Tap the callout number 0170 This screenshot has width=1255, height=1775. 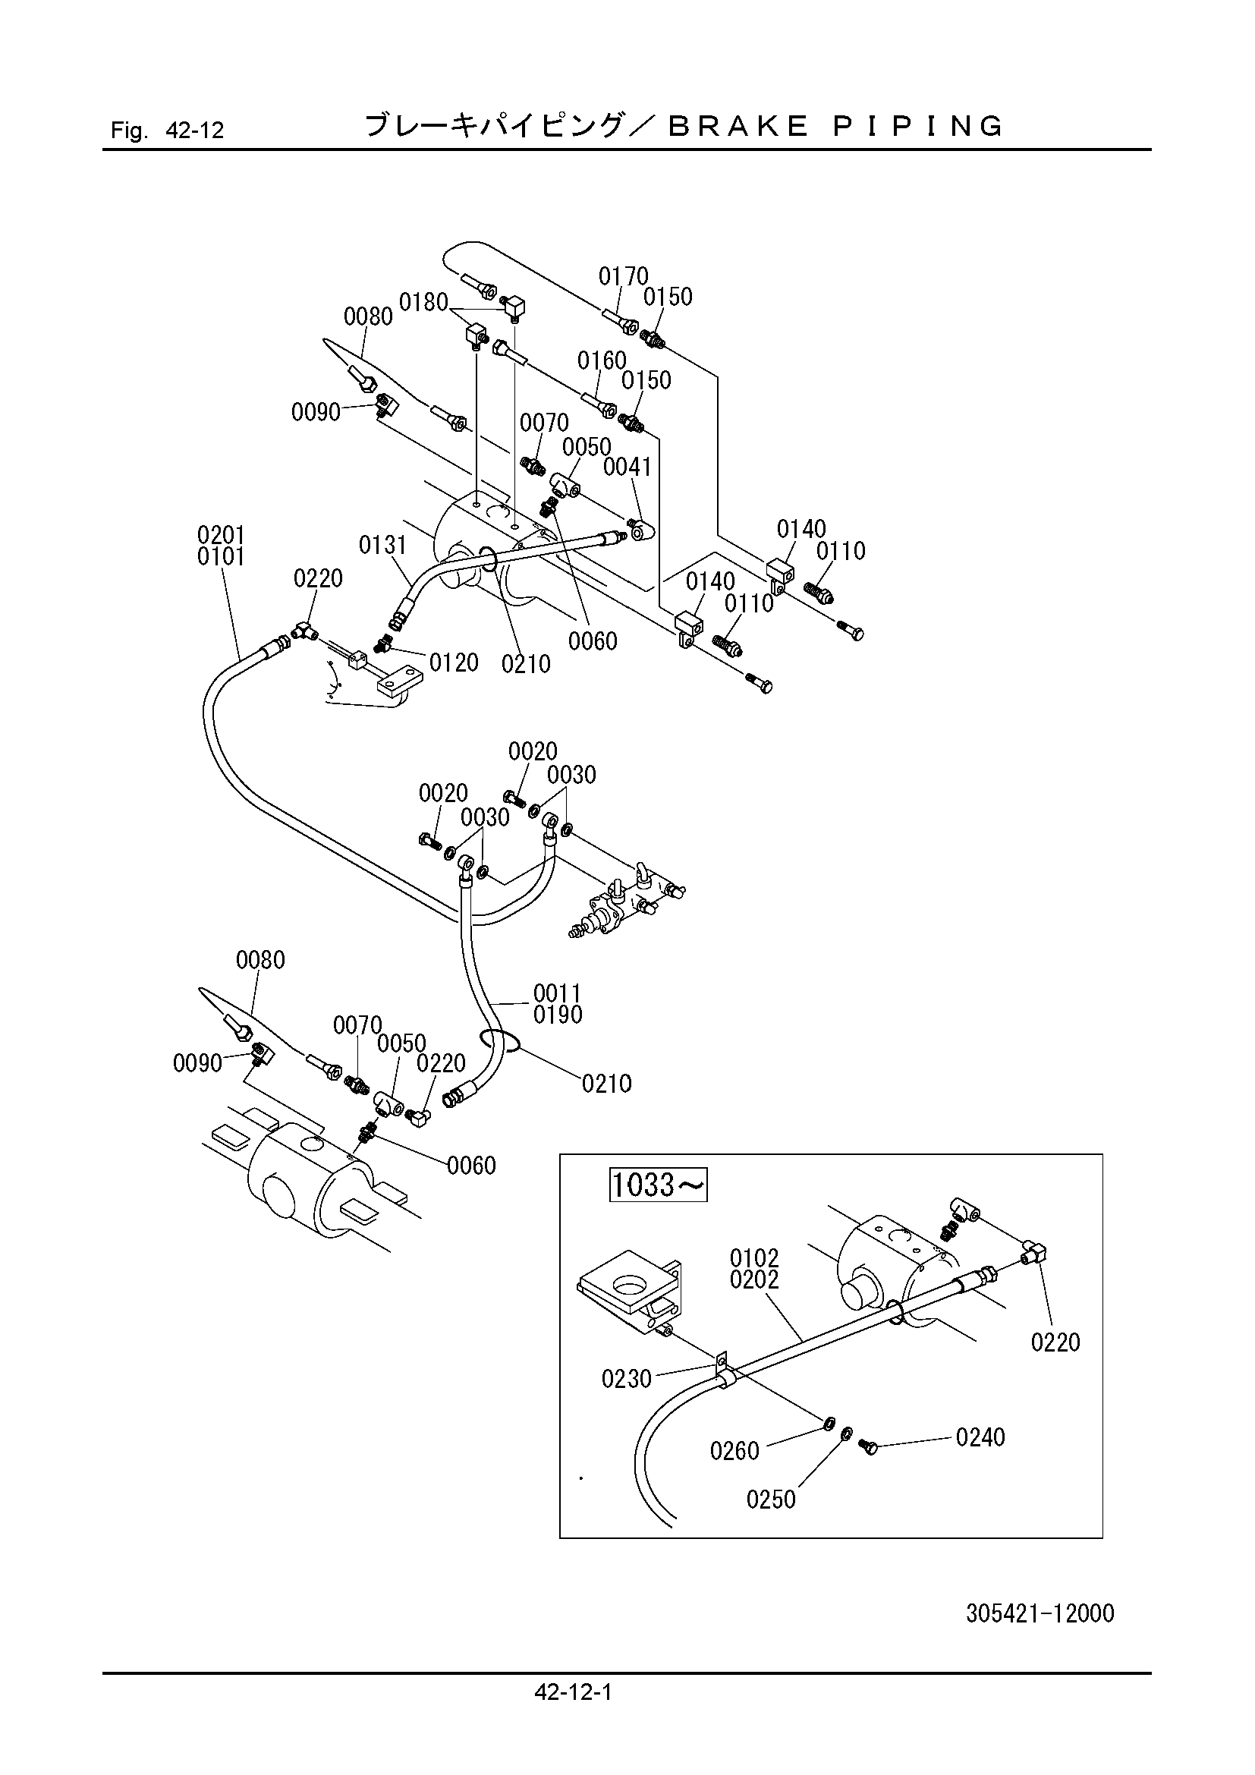point(624,276)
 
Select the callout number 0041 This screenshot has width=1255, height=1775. point(627,467)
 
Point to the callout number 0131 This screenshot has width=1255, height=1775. point(382,546)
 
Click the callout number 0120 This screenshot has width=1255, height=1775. point(454,662)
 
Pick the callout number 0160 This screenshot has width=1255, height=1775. point(602,360)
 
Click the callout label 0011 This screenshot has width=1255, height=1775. point(557,993)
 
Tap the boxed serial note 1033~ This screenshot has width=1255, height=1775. point(659,1185)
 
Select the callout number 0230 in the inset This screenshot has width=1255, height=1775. point(627,1378)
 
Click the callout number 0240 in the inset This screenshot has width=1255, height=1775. point(980,1437)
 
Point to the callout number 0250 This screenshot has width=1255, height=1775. point(770,1500)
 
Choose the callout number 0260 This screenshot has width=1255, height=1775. point(735,1451)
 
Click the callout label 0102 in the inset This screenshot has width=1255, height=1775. point(754,1257)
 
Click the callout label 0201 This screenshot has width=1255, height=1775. point(221,535)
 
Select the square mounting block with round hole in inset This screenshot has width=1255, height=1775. point(630,1290)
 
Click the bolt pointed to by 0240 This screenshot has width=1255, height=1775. point(867,1445)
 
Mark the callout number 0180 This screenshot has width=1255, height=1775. point(423,302)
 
